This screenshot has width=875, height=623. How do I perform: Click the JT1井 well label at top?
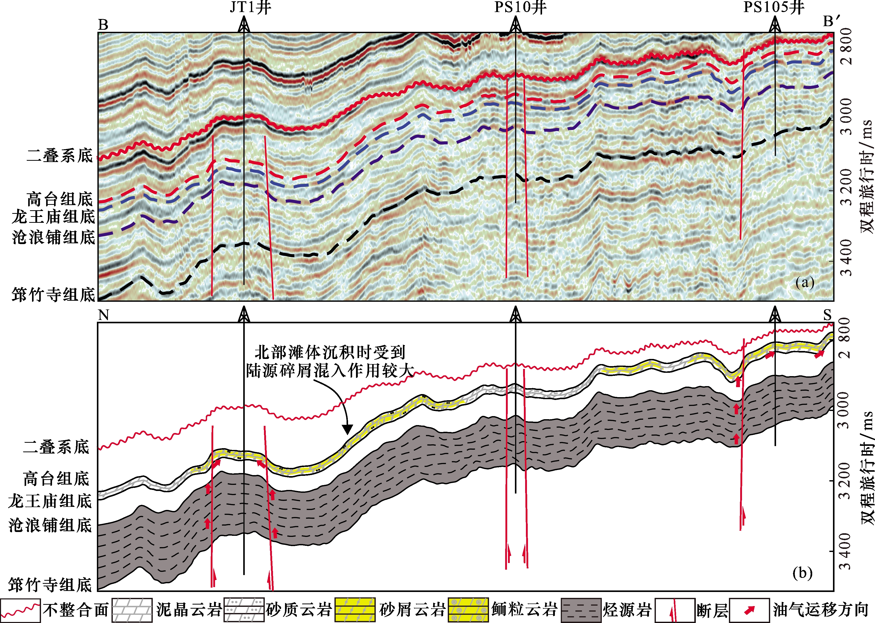[250, 8]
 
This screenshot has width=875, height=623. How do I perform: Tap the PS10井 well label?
[520, 8]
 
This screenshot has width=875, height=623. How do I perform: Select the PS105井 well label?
[774, 8]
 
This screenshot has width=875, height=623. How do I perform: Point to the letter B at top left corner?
[103, 25]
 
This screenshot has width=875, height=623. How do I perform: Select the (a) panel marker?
[805, 283]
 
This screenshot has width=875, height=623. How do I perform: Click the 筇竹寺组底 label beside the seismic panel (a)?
[53, 295]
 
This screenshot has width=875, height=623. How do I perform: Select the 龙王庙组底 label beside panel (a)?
[53, 217]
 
